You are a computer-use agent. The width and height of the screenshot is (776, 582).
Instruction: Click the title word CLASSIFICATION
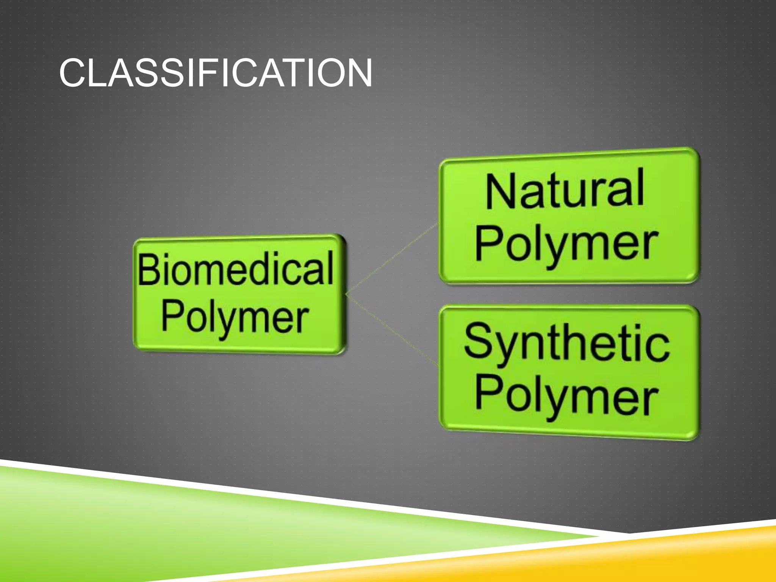click(215, 73)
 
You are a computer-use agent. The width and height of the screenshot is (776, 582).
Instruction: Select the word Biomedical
click(235, 269)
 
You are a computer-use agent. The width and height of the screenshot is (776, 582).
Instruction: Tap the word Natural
click(565, 189)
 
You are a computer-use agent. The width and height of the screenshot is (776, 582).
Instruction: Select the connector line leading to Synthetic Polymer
click(392, 330)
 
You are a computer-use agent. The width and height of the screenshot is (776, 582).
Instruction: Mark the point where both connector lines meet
click(346, 294)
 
